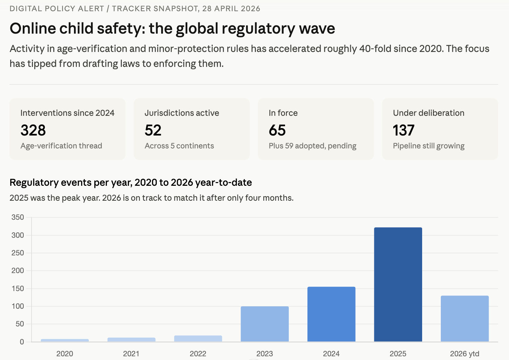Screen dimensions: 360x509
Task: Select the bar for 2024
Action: (331, 314)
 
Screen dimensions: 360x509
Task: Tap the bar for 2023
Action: (265, 324)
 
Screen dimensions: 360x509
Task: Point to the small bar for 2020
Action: (65, 340)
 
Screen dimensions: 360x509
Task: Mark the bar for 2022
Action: (198, 339)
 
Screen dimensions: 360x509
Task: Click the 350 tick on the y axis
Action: (18, 217)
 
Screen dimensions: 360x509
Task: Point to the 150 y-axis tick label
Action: (18, 288)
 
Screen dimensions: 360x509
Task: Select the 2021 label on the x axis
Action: (131, 354)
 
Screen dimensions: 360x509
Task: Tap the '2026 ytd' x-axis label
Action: (465, 354)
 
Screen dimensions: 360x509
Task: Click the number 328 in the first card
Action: (33, 130)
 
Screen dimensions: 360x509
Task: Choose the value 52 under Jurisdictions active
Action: (153, 130)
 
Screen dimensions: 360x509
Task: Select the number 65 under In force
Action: (277, 130)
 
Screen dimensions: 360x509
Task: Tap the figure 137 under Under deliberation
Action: (403, 130)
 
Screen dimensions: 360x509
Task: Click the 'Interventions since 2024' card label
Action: (67, 113)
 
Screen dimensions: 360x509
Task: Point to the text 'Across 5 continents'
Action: (179, 146)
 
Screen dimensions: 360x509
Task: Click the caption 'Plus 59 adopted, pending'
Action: (312, 146)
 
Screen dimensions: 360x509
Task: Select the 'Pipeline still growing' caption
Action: (429, 146)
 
